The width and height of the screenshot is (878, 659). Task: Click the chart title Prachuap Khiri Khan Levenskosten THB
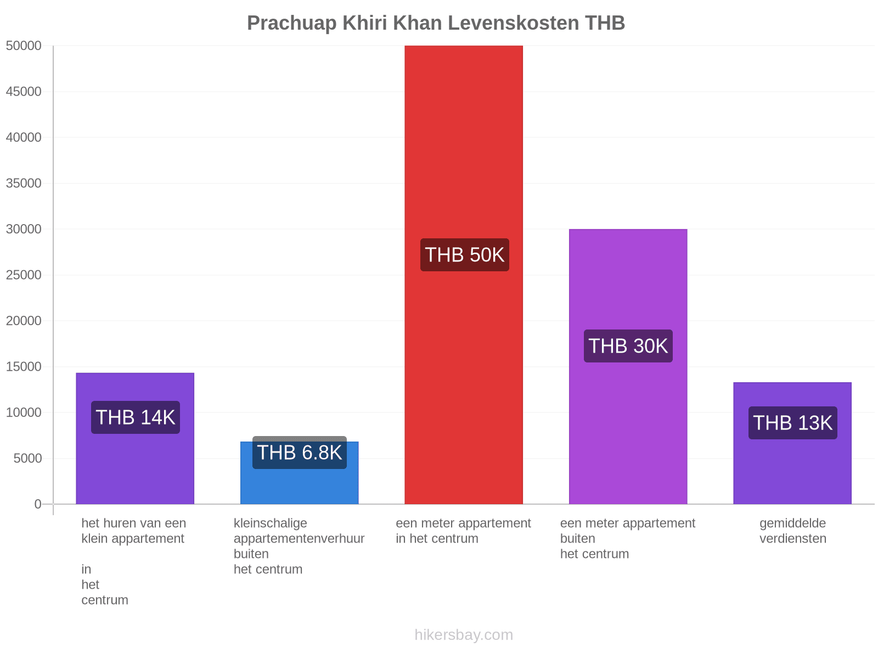click(x=436, y=23)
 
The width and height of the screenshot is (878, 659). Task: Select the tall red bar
click(x=464, y=275)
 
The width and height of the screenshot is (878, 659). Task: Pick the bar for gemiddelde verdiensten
click(x=792, y=443)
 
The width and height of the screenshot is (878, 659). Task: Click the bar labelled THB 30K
click(x=628, y=366)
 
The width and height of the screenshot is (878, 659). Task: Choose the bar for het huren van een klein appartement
click(x=135, y=439)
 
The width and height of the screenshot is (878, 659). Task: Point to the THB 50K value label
click(x=464, y=255)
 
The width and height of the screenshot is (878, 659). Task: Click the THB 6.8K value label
click(x=299, y=453)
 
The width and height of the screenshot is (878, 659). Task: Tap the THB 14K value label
click(x=135, y=417)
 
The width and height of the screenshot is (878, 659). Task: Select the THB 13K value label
click(x=792, y=423)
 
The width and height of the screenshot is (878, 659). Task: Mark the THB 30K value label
click(x=628, y=346)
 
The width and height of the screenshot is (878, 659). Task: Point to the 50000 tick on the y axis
click(x=24, y=46)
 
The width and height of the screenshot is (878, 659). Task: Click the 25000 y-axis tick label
click(x=24, y=275)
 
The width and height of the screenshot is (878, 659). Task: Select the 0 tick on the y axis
click(x=38, y=504)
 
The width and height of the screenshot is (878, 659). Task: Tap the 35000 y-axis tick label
click(x=24, y=183)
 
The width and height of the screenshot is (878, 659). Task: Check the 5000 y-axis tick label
click(x=27, y=458)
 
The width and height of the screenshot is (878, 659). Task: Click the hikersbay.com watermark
click(x=464, y=635)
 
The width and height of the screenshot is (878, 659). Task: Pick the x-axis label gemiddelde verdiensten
click(x=792, y=530)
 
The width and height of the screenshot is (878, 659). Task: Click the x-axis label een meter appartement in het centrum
click(x=463, y=530)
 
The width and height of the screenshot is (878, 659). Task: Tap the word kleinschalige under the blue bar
click(x=271, y=523)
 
